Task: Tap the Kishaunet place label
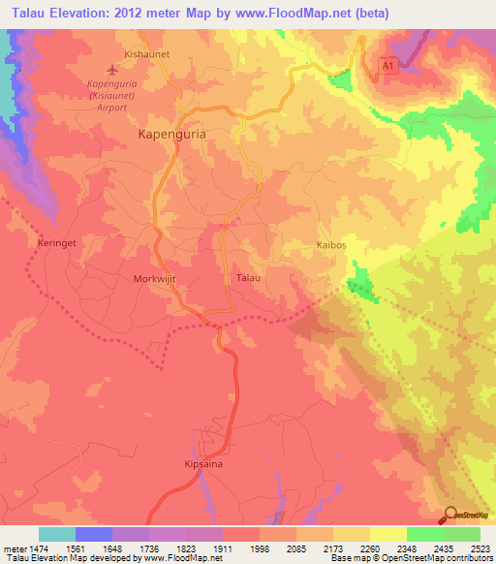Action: click(x=147, y=54)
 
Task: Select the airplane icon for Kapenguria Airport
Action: click(x=113, y=70)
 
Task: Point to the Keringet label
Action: click(x=55, y=242)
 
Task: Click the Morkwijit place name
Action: click(x=154, y=278)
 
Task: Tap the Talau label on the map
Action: click(x=249, y=278)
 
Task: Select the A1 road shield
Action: click(x=387, y=65)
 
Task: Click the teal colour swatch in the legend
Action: click(x=57, y=534)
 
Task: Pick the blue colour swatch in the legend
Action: click(x=94, y=534)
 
